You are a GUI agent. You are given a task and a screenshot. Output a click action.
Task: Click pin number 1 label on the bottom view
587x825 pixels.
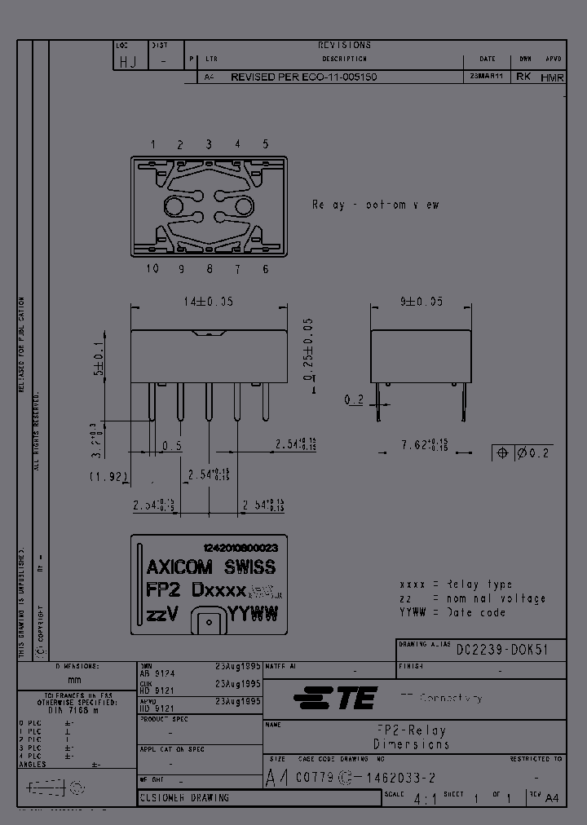point(152,144)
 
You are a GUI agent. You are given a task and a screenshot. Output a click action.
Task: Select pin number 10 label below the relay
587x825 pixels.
point(152,269)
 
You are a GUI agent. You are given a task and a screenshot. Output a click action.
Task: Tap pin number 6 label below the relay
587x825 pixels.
point(265,269)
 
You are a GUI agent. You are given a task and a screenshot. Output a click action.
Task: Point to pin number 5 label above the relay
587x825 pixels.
point(265,144)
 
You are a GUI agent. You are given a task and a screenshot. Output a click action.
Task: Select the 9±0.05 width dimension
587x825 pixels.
point(421,301)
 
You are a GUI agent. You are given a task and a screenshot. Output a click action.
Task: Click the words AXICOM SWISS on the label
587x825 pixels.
point(210,567)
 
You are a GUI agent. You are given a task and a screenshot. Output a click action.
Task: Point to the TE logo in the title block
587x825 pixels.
point(334,698)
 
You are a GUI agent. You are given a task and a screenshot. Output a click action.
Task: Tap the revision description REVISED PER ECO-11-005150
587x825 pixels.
point(302,77)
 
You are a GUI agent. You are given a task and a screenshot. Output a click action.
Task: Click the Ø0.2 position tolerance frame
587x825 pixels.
point(523,453)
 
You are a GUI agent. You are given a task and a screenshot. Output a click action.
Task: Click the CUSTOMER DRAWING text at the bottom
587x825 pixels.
point(185,798)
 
